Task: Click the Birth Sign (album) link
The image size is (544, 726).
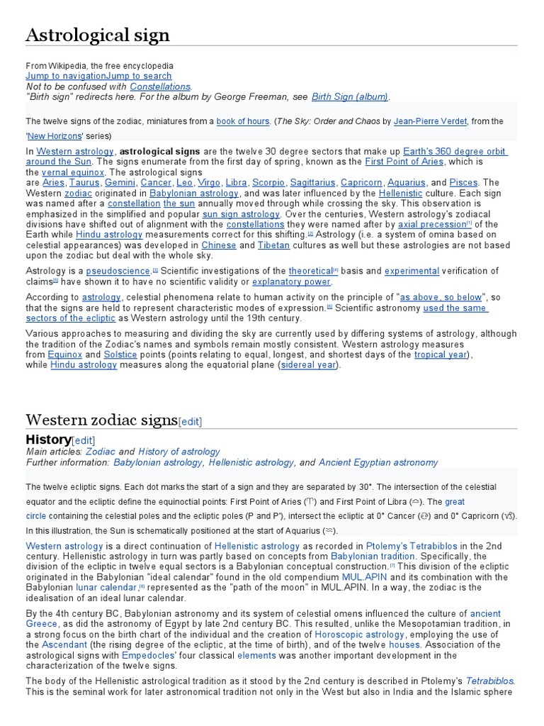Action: point(350,97)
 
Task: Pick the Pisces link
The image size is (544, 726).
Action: point(463,183)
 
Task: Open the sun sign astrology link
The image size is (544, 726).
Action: point(241,214)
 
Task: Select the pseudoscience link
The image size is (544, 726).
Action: point(118,271)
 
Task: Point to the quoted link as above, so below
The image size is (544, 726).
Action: point(441,297)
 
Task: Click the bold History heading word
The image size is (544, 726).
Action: point(48,440)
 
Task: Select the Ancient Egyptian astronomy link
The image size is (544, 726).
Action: point(378,462)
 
